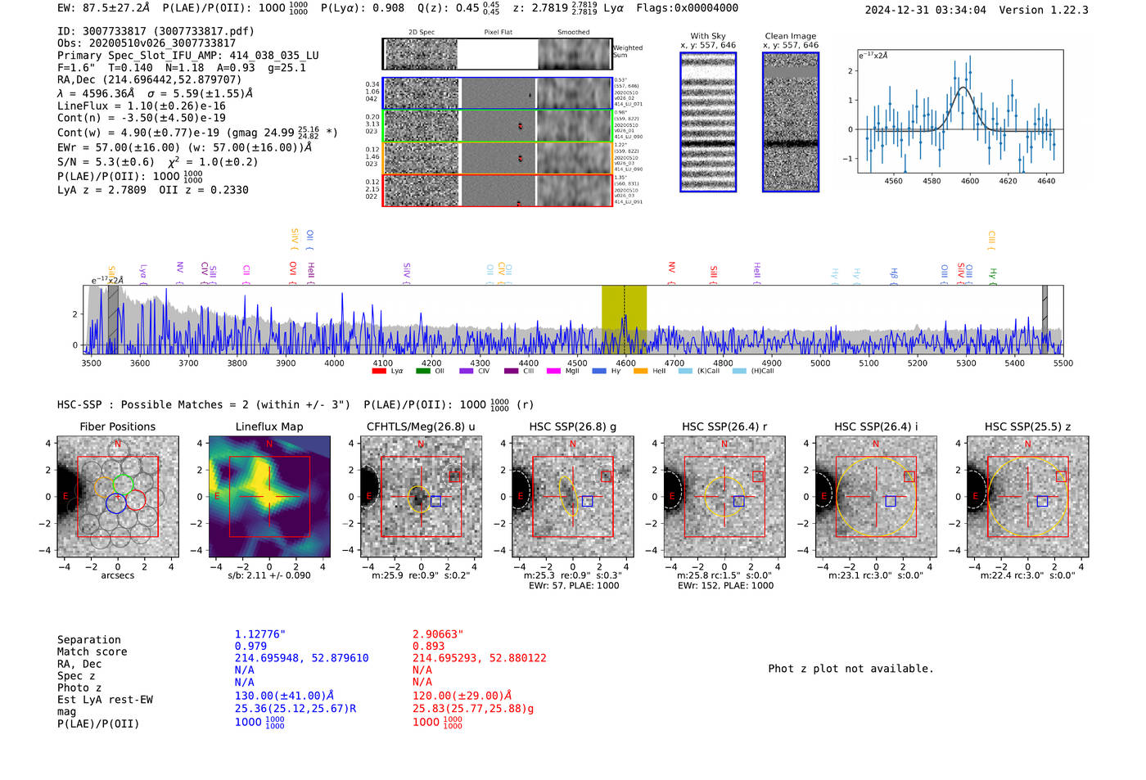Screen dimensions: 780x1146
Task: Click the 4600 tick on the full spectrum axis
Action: (x=625, y=363)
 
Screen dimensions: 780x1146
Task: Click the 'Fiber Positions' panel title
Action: (x=117, y=426)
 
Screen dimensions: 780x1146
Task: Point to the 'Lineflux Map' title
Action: (x=268, y=426)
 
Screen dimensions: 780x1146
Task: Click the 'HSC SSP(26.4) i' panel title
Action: (x=876, y=426)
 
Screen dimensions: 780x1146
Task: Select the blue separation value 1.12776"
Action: (x=259, y=634)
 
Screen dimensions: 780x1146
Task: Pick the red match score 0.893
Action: (x=428, y=646)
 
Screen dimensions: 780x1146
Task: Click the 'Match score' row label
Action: (x=92, y=652)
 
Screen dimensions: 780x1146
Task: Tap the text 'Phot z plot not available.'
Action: (x=850, y=669)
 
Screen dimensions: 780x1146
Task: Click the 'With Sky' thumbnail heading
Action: (x=708, y=36)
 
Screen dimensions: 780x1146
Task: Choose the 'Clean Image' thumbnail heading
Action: (x=790, y=36)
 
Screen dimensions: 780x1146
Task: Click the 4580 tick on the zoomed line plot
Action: (x=932, y=181)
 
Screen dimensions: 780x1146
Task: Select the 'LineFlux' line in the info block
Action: (x=141, y=106)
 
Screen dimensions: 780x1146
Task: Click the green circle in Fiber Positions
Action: (x=123, y=483)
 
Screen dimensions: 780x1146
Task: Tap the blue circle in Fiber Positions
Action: (x=116, y=503)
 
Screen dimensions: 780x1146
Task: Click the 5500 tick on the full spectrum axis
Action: (x=1063, y=363)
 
